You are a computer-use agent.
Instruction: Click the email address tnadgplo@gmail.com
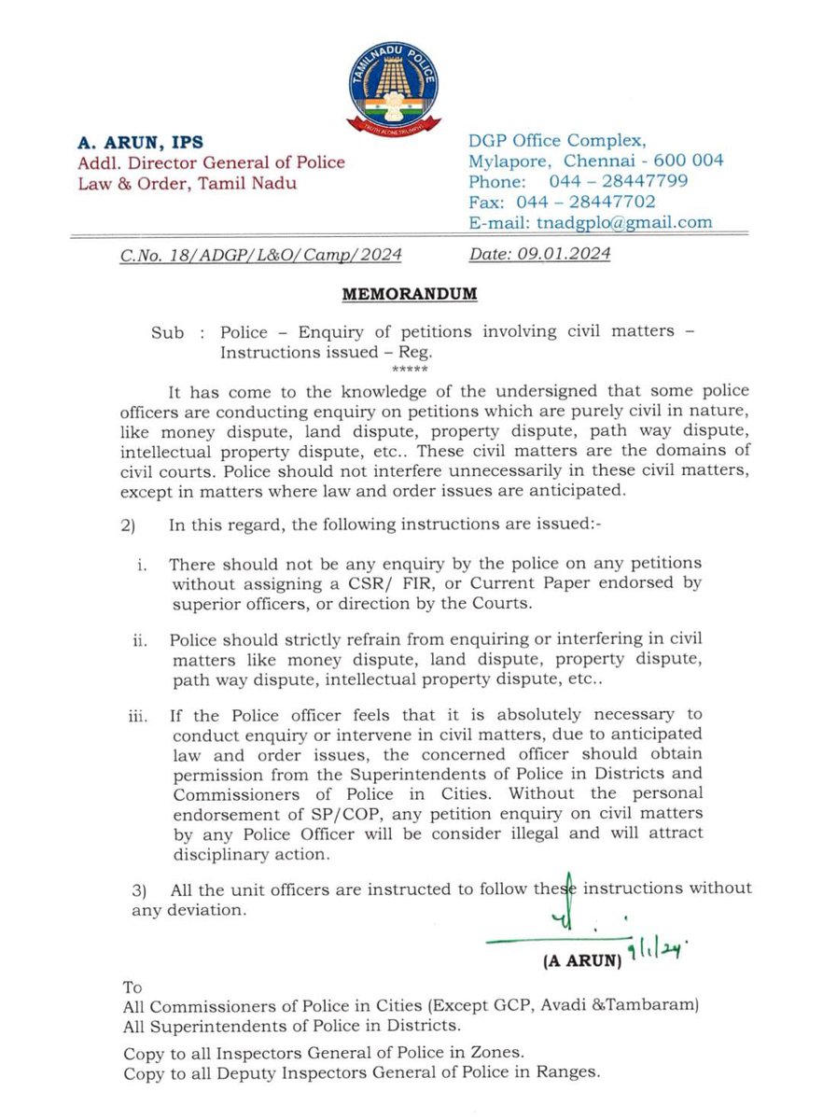pyautogui.click(x=622, y=222)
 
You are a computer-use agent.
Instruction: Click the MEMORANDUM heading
pyautogui.click(x=410, y=294)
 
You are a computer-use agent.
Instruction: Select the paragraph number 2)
pyautogui.click(x=129, y=526)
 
